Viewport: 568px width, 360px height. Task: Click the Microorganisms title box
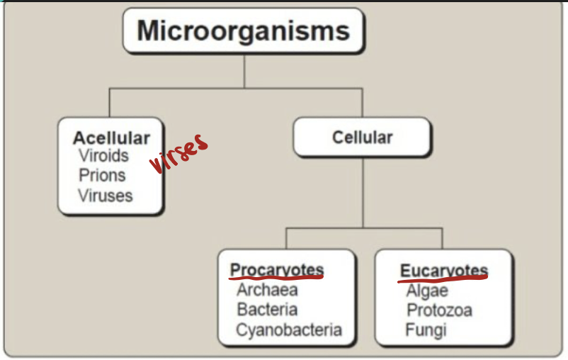[x=244, y=31]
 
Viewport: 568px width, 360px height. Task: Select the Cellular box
[x=362, y=137]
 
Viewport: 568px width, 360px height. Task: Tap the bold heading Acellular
[x=111, y=137]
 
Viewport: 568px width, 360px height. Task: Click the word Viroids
[x=103, y=156]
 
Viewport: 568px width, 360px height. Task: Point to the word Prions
[x=102, y=175]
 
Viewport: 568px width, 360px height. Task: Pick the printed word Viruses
[x=106, y=195]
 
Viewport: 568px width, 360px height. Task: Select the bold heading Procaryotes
[x=277, y=270]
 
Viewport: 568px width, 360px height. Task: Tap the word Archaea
[x=267, y=290]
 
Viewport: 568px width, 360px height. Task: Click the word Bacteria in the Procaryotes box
[x=267, y=310]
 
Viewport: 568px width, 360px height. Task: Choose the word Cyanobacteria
[x=289, y=330]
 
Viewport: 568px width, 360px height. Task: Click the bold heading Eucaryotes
[x=444, y=271]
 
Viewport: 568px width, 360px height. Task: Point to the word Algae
[x=427, y=291]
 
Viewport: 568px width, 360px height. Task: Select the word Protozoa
[x=439, y=310]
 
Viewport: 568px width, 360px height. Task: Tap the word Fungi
[x=426, y=330]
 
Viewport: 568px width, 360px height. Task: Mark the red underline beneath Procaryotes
[x=277, y=279]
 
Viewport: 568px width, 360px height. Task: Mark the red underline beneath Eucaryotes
[x=444, y=279]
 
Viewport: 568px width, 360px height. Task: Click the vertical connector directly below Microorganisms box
[x=244, y=71]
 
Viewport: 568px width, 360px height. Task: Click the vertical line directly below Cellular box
[x=363, y=191]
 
